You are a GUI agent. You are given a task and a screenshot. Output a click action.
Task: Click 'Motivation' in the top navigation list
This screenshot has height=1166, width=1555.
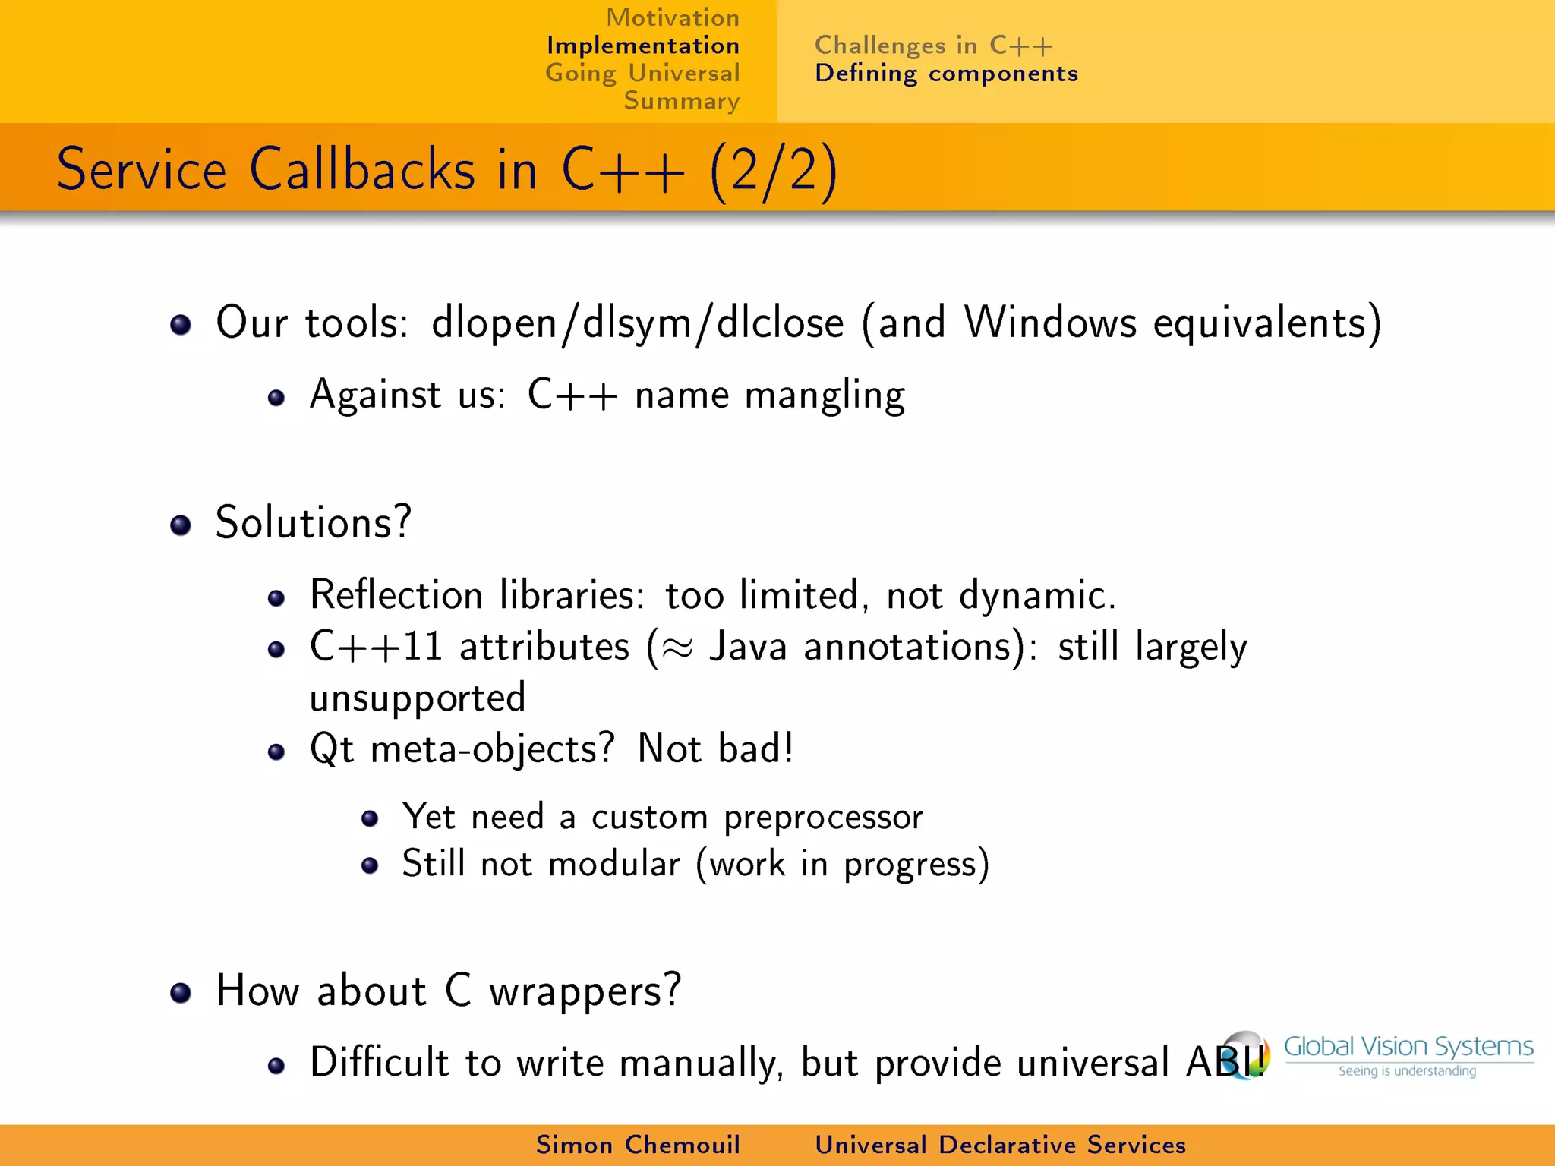(672, 17)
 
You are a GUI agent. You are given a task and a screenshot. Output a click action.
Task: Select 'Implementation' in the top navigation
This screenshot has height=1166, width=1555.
(642, 46)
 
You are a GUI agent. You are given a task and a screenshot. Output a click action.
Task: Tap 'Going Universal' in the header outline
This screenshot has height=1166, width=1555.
(642, 74)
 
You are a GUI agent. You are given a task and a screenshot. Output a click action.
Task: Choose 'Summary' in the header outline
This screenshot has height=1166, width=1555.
(681, 101)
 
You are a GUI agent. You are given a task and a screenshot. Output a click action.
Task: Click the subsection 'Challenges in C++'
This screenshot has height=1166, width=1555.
(933, 46)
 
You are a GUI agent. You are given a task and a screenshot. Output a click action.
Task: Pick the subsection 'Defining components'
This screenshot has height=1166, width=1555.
(946, 74)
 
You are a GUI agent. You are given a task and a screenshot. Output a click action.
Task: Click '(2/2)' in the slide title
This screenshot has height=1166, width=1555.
(774, 170)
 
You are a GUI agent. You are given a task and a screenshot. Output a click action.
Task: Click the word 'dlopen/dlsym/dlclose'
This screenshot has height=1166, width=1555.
(637, 323)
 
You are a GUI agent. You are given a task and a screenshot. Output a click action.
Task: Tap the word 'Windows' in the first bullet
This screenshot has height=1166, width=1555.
(1050, 322)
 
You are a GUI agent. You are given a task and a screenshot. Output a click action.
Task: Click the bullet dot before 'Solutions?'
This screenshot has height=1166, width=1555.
(181, 525)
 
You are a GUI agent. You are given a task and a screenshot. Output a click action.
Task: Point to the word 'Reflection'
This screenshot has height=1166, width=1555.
(396, 594)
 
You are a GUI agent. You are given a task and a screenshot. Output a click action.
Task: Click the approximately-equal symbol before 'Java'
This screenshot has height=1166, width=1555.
(676, 648)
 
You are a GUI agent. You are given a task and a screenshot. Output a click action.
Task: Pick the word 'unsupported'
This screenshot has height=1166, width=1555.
(417, 698)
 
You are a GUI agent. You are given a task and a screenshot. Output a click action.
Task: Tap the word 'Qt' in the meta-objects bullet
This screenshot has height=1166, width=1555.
(332, 749)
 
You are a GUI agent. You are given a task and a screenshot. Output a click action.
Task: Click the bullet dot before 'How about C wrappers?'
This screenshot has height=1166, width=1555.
(181, 993)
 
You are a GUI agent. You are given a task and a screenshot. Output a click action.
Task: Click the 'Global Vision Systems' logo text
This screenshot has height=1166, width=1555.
(1408, 1047)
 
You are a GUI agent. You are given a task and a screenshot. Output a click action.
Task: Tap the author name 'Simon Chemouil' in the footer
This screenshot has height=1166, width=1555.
(638, 1145)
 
